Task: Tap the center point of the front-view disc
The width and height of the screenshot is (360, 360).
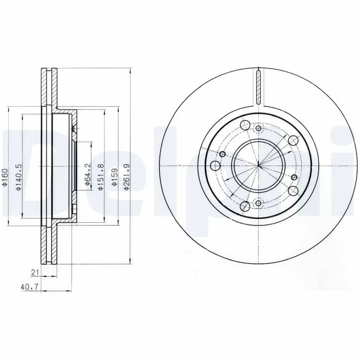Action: (258, 166)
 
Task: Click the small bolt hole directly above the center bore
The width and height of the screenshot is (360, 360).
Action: (258, 129)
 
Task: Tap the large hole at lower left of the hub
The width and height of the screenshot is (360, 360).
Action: (245, 206)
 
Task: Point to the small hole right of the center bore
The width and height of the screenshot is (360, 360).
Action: (294, 176)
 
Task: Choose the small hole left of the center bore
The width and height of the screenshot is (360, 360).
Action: (222, 155)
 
